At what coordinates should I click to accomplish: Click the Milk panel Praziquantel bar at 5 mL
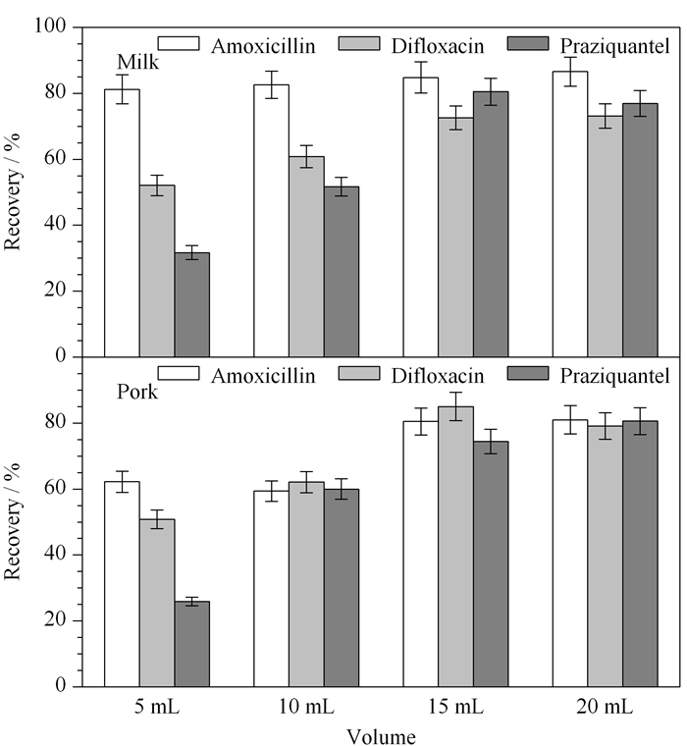coord(191,304)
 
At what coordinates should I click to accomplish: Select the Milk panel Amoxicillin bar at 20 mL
coord(570,214)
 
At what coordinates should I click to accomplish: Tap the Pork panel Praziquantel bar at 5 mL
coord(191,644)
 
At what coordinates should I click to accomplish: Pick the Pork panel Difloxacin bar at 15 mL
coord(455,547)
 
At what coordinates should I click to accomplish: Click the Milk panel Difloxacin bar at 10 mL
coord(306,256)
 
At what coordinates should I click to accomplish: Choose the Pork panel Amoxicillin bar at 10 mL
coord(271,589)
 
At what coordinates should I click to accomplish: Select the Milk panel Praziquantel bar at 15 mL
coord(491,224)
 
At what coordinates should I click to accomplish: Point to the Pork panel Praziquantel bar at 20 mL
coord(640,554)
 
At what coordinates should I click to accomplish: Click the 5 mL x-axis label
coord(156,707)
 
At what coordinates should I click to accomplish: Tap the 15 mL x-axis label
coord(455,707)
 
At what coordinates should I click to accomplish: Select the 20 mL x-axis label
coord(605,707)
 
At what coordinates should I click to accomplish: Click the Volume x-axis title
coord(381,736)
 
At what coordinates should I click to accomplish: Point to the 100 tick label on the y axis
coord(50,26)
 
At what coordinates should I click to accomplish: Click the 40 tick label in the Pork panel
coord(55,555)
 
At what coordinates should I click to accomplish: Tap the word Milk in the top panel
coord(137,62)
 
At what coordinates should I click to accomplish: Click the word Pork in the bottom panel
coord(137,392)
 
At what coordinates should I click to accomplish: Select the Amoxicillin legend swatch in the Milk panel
coord(179,43)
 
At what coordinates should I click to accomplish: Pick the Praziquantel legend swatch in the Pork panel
coord(528,373)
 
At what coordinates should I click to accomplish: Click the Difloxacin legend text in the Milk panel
coord(438,46)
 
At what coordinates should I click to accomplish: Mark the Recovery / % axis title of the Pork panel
coord(12,521)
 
